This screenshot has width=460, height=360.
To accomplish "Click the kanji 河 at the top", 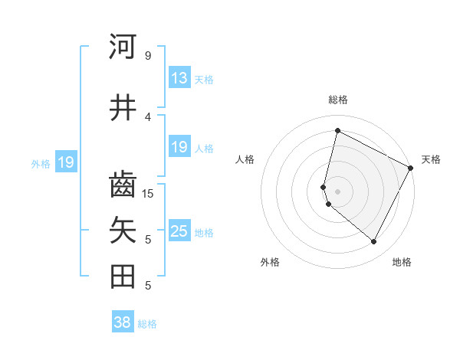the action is (123, 47).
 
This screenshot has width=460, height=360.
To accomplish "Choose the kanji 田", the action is (123, 277).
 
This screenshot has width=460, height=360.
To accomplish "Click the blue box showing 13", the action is (179, 78).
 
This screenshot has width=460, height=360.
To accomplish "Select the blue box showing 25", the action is (179, 231).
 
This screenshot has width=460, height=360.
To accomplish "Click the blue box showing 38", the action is (123, 322).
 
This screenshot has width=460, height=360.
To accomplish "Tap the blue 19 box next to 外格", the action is (65, 162).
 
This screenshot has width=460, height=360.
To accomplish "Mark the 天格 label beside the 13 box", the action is (204, 80).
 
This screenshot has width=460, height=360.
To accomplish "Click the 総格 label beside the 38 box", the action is (147, 324).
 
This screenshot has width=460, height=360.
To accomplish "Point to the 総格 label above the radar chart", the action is (337, 100).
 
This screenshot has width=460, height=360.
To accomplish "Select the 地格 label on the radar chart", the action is (402, 262).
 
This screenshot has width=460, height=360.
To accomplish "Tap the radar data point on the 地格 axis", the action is (374, 242).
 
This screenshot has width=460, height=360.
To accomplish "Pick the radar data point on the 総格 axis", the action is (337, 130).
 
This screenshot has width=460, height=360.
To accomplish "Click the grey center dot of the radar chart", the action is (337, 191).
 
